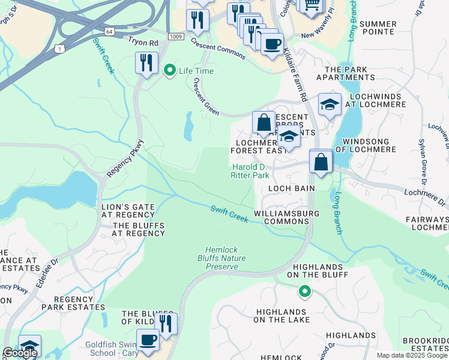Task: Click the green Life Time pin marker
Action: pyautogui.click(x=169, y=71)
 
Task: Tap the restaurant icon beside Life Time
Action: pyautogui.click(x=146, y=62)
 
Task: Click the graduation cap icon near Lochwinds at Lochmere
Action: pyautogui.click(x=329, y=105)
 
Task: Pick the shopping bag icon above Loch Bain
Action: pyautogui.click(x=321, y=162)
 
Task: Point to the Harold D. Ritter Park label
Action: pyautogui.click(x=250, y=171)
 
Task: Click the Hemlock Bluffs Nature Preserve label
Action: pyautogui.click(x=226, y=257)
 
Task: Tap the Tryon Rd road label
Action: pyautogui.click(x=142, y=43)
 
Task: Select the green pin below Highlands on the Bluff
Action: pyautogui.click(x=305, y=292)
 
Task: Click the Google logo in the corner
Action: pyautogui.click(x=20, y=353)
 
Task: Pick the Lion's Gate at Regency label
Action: pyautogui.click(x=128, y=211)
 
